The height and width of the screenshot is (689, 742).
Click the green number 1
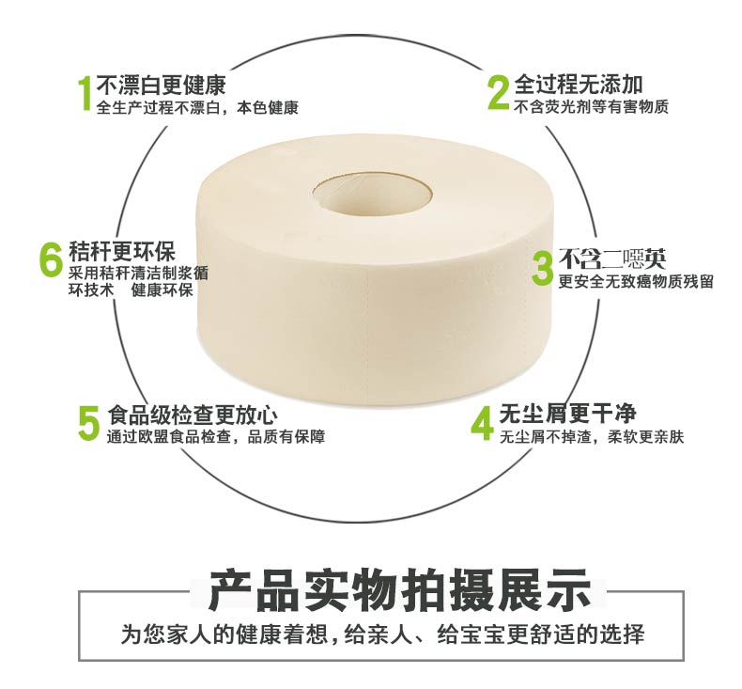click(85, 94)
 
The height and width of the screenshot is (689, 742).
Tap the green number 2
click(499, 93)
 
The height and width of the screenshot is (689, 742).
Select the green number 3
click(542, 269)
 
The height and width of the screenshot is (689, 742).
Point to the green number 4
click(482, 424)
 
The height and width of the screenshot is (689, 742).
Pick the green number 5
click(89, 423)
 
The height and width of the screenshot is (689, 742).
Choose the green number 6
click(51, 259)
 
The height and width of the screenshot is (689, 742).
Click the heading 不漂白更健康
click(162, 86)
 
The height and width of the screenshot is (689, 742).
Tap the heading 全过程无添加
click(579, 86)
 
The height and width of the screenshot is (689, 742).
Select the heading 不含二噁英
click(612, 258)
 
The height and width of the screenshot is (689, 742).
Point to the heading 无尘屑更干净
click(568, 414)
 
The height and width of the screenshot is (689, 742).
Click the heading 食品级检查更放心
click(193, 415)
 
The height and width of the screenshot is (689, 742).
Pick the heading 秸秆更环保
click(122, 252)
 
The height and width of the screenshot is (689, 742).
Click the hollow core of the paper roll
click(372, 192)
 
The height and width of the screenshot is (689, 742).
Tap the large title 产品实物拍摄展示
click(400, 590)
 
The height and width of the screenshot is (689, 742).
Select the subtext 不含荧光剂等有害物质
click(592, 107)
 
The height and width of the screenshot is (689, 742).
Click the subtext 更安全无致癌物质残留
click(636, 281)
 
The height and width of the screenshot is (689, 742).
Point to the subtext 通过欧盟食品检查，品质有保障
click(216, 436)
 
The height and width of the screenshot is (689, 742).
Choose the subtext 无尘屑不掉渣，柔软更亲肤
click(592, 436)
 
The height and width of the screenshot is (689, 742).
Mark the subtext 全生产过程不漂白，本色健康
click(197, 108)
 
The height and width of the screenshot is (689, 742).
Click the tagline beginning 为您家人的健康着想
click(382, 634)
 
